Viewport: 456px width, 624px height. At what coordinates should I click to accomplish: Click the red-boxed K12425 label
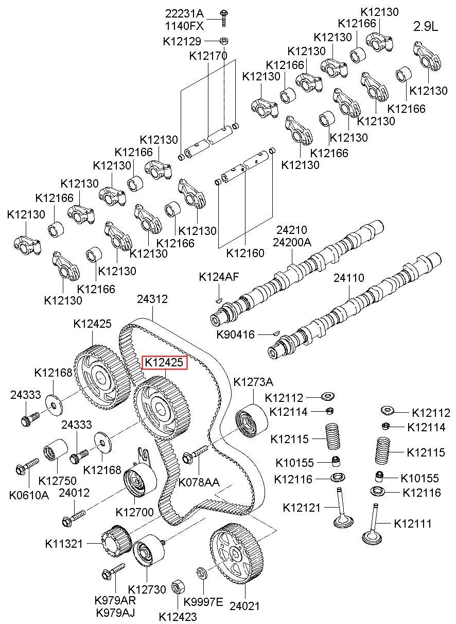[x=164, y=362]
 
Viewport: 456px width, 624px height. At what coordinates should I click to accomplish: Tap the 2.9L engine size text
[x=426, y=26]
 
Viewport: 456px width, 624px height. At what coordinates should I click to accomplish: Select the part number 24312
[x=152, y=299]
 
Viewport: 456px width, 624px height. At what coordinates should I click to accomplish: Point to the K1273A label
[x=253, y=382]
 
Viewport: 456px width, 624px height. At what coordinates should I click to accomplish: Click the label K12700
[x=135, y=512]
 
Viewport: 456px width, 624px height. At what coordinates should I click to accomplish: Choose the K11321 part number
[x=64, y=544]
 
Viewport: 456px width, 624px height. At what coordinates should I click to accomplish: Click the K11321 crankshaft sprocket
[x=116, y=542]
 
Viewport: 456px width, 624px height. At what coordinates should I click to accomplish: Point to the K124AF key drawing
[x=218, y=300]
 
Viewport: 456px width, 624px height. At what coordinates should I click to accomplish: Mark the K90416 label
[x=235, y=334]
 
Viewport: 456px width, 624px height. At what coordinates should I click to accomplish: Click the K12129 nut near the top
[x=223, y=41]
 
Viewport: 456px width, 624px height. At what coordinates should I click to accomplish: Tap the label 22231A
[x=184, y=13]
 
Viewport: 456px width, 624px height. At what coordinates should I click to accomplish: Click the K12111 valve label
[x=413, y=524]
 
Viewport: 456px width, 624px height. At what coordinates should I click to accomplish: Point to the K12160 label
[x=245, y=253]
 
